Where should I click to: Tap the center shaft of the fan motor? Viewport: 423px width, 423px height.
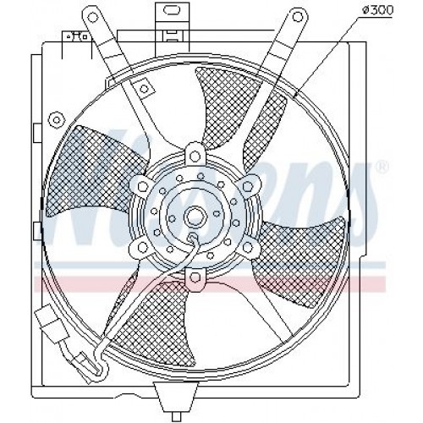pos(194,212)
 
